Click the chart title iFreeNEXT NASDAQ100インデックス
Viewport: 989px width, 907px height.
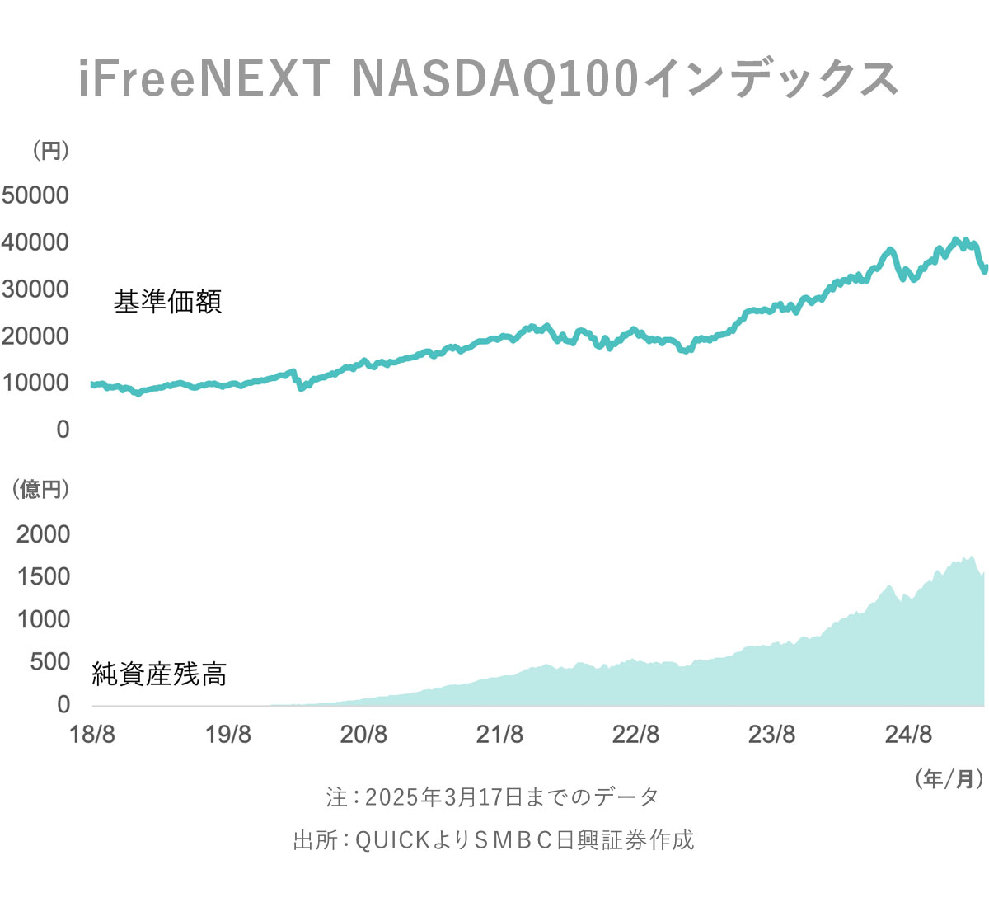point(488,80)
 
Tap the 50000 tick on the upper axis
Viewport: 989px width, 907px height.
point(35,195)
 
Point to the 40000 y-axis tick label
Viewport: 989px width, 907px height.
point(35,242)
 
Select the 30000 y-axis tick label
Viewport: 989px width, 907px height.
point(35,289)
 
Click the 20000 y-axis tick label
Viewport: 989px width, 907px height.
point(35,336)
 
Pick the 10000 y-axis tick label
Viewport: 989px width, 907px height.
point(35,383)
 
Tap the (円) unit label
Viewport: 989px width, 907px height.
point(50,151)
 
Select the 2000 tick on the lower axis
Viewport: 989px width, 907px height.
point(44,534)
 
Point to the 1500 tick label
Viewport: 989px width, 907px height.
point(44,576)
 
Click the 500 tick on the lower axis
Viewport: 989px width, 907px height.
point(50,661)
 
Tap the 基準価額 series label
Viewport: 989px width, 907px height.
point(168,302)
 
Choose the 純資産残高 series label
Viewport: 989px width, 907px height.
point(159,674)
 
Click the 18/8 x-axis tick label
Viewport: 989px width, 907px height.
point(92,734)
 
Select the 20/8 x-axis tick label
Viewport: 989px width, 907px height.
point(363,734)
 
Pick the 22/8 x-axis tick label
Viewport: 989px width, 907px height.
point(635,734)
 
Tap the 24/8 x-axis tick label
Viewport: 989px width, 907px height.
point(908,734)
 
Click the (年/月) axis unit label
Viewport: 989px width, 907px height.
point(949,778)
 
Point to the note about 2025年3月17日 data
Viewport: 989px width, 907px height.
point(493,797)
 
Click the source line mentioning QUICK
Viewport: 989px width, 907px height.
point(494,840)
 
